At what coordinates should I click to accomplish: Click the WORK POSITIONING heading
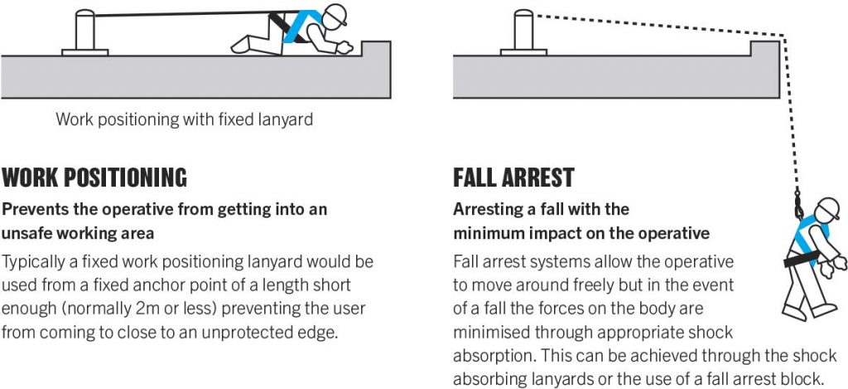coord(94,177)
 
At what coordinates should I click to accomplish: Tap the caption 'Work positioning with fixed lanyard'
coord(185,119)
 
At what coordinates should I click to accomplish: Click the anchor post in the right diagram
coord(523,32)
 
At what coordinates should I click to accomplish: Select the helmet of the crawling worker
coord(335,14)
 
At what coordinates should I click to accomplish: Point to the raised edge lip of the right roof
coord(764,49)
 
